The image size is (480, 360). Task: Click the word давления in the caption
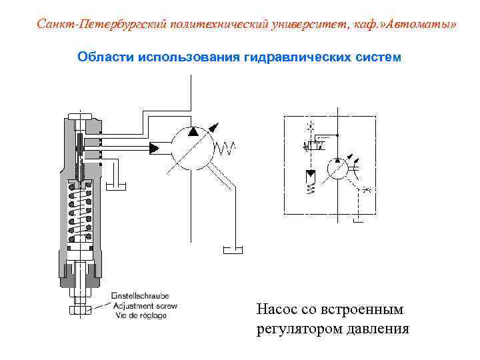[x=376, y=329]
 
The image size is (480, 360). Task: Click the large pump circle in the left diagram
[x=192, y=147]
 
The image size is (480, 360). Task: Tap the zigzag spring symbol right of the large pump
[x=227, y=147]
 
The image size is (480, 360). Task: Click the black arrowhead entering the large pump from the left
[x=155, y=147]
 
